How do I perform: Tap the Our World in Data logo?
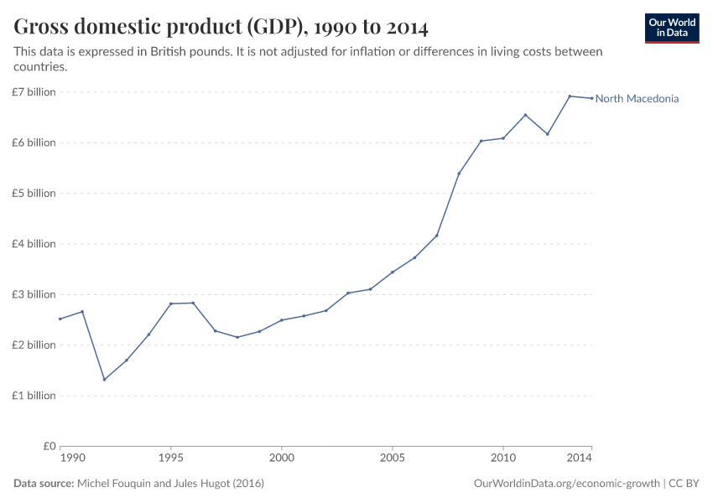671,28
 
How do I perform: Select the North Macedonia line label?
637,99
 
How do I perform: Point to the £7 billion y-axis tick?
34,91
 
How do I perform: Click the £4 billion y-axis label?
34,244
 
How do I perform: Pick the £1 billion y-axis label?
34,396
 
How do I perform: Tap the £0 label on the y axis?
48,446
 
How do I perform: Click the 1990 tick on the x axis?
72,459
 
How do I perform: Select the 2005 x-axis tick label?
392,459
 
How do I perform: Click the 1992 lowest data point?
104,380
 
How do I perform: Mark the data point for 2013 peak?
570,96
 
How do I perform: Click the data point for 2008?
459,174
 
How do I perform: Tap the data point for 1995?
170,303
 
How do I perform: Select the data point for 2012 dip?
548,134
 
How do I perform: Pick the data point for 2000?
281,320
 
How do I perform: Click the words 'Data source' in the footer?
44,484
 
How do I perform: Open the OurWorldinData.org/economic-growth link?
567,484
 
